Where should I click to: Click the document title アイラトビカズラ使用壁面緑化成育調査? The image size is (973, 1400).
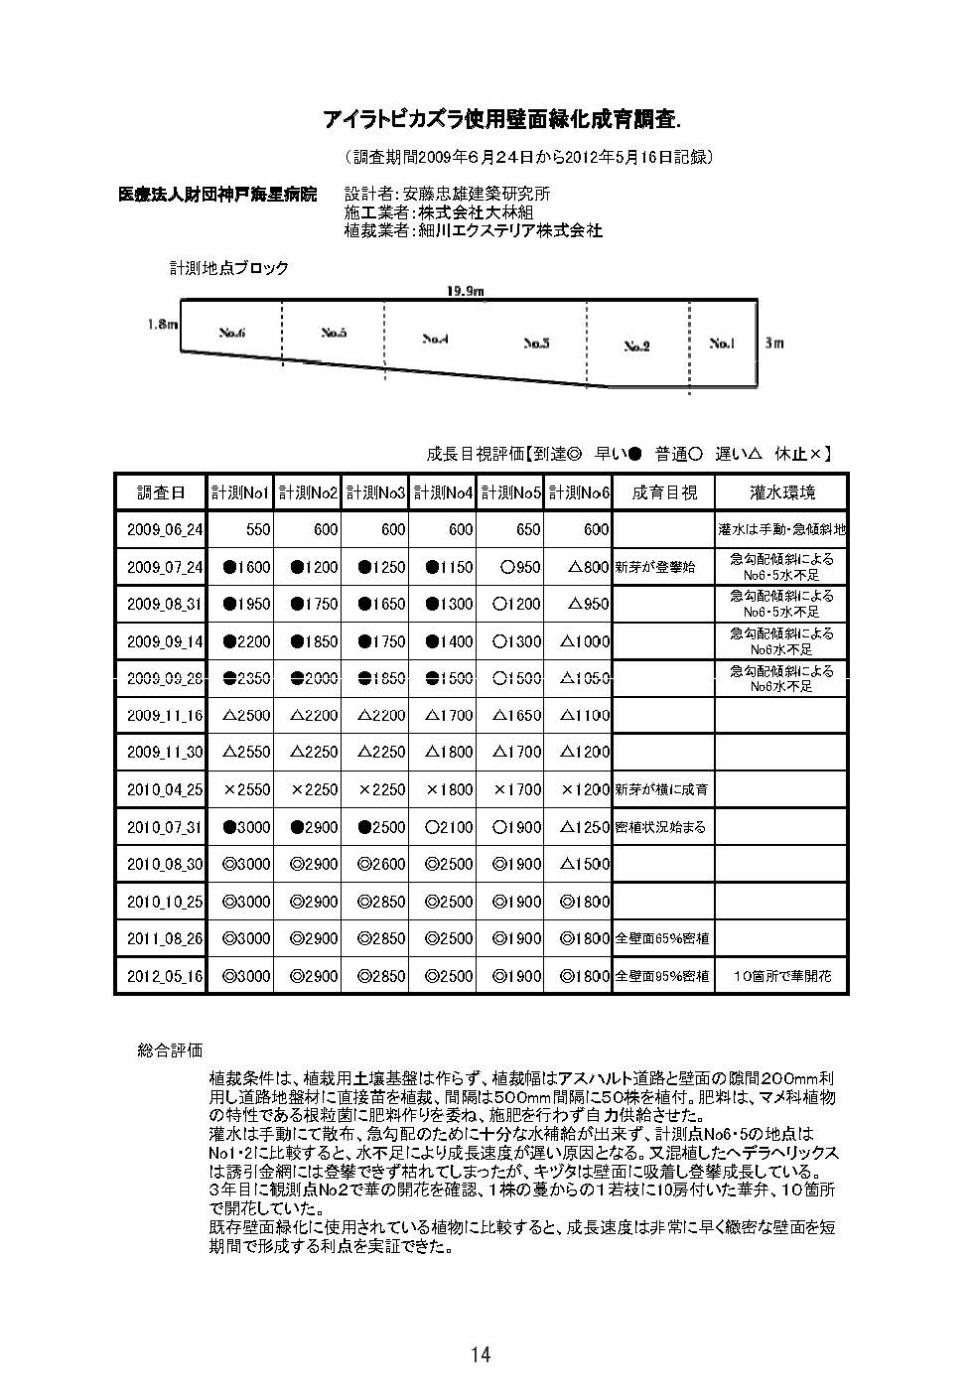coord(501,120)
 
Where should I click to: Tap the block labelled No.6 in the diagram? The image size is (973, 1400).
coord(232,333)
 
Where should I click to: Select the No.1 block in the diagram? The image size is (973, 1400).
coord(722,344)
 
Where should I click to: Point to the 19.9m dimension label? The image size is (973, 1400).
coord(465,290)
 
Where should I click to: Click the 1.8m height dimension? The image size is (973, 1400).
coord(161,324)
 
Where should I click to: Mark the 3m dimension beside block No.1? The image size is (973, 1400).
coord(774,343)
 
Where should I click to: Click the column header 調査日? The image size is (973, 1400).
coord(161,492)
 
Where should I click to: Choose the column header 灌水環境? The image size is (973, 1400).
coord(781,492)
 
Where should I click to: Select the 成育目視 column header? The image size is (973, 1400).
coord(664,492)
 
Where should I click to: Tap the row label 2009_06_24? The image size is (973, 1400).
coord(164,530)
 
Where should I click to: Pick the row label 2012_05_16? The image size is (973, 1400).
coord(164,976)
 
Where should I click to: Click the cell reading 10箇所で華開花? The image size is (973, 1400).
coord(781,976)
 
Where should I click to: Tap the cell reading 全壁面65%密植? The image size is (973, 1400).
coord(662,938)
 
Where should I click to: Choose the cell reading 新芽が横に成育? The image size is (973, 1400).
coord(662,789)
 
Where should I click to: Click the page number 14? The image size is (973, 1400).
coord(481,1355)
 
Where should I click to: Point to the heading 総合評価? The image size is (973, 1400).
coord(170,1050)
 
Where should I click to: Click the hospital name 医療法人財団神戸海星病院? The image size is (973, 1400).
coord(217,195)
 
